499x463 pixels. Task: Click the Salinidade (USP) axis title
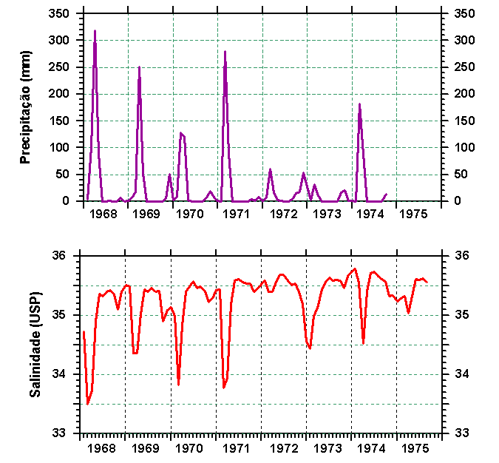tap(34, 343)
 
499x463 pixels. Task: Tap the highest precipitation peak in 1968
tap(95, 31)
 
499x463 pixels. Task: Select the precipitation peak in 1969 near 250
tap(139, 67)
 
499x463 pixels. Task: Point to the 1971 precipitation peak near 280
tap(225, 52)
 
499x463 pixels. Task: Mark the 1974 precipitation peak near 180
tap(359, 104)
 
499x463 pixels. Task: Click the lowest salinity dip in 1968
tap(87, 404)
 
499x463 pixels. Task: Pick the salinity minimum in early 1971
tap(223, 387)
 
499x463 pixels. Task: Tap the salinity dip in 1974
tap(363, 342)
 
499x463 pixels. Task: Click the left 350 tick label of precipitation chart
tap(60, 14)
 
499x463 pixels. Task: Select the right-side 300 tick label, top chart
tap(464, 41)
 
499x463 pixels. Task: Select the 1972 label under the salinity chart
tap(283, 448)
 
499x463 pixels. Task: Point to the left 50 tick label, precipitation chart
tap(63, 175)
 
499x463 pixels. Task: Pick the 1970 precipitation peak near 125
tap(180, 133)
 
